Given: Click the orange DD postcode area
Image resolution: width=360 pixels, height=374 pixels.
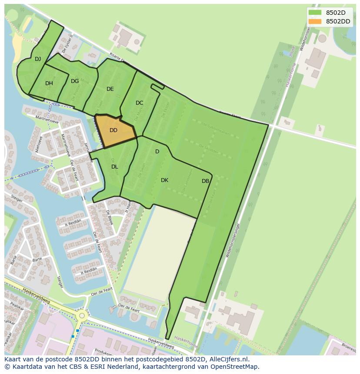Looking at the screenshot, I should (x=114, y=130).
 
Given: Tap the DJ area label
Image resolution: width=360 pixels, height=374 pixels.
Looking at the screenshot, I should (x=38, y=59).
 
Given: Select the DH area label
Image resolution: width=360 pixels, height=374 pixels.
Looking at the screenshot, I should (x=49, y=83).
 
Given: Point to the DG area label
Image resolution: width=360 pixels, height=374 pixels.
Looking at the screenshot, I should (x=75, y=81).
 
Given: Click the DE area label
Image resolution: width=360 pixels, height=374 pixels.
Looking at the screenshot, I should (x=110, y=89).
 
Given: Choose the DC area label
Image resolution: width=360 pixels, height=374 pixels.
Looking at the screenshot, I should (x=139, y=103).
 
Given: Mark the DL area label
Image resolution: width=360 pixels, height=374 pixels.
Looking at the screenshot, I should (x=114, y=167).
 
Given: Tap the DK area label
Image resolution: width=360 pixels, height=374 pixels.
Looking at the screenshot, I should (x=164, y=180).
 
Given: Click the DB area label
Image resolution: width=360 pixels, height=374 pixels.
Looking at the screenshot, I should (x=205, y=181).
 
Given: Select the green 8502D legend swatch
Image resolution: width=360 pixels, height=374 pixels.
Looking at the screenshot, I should (x=315, y=13).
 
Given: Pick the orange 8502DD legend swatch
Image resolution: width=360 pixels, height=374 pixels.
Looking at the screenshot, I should (x=315, y=21).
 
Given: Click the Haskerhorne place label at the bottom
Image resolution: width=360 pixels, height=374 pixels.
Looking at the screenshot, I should (x=184, y=343).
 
